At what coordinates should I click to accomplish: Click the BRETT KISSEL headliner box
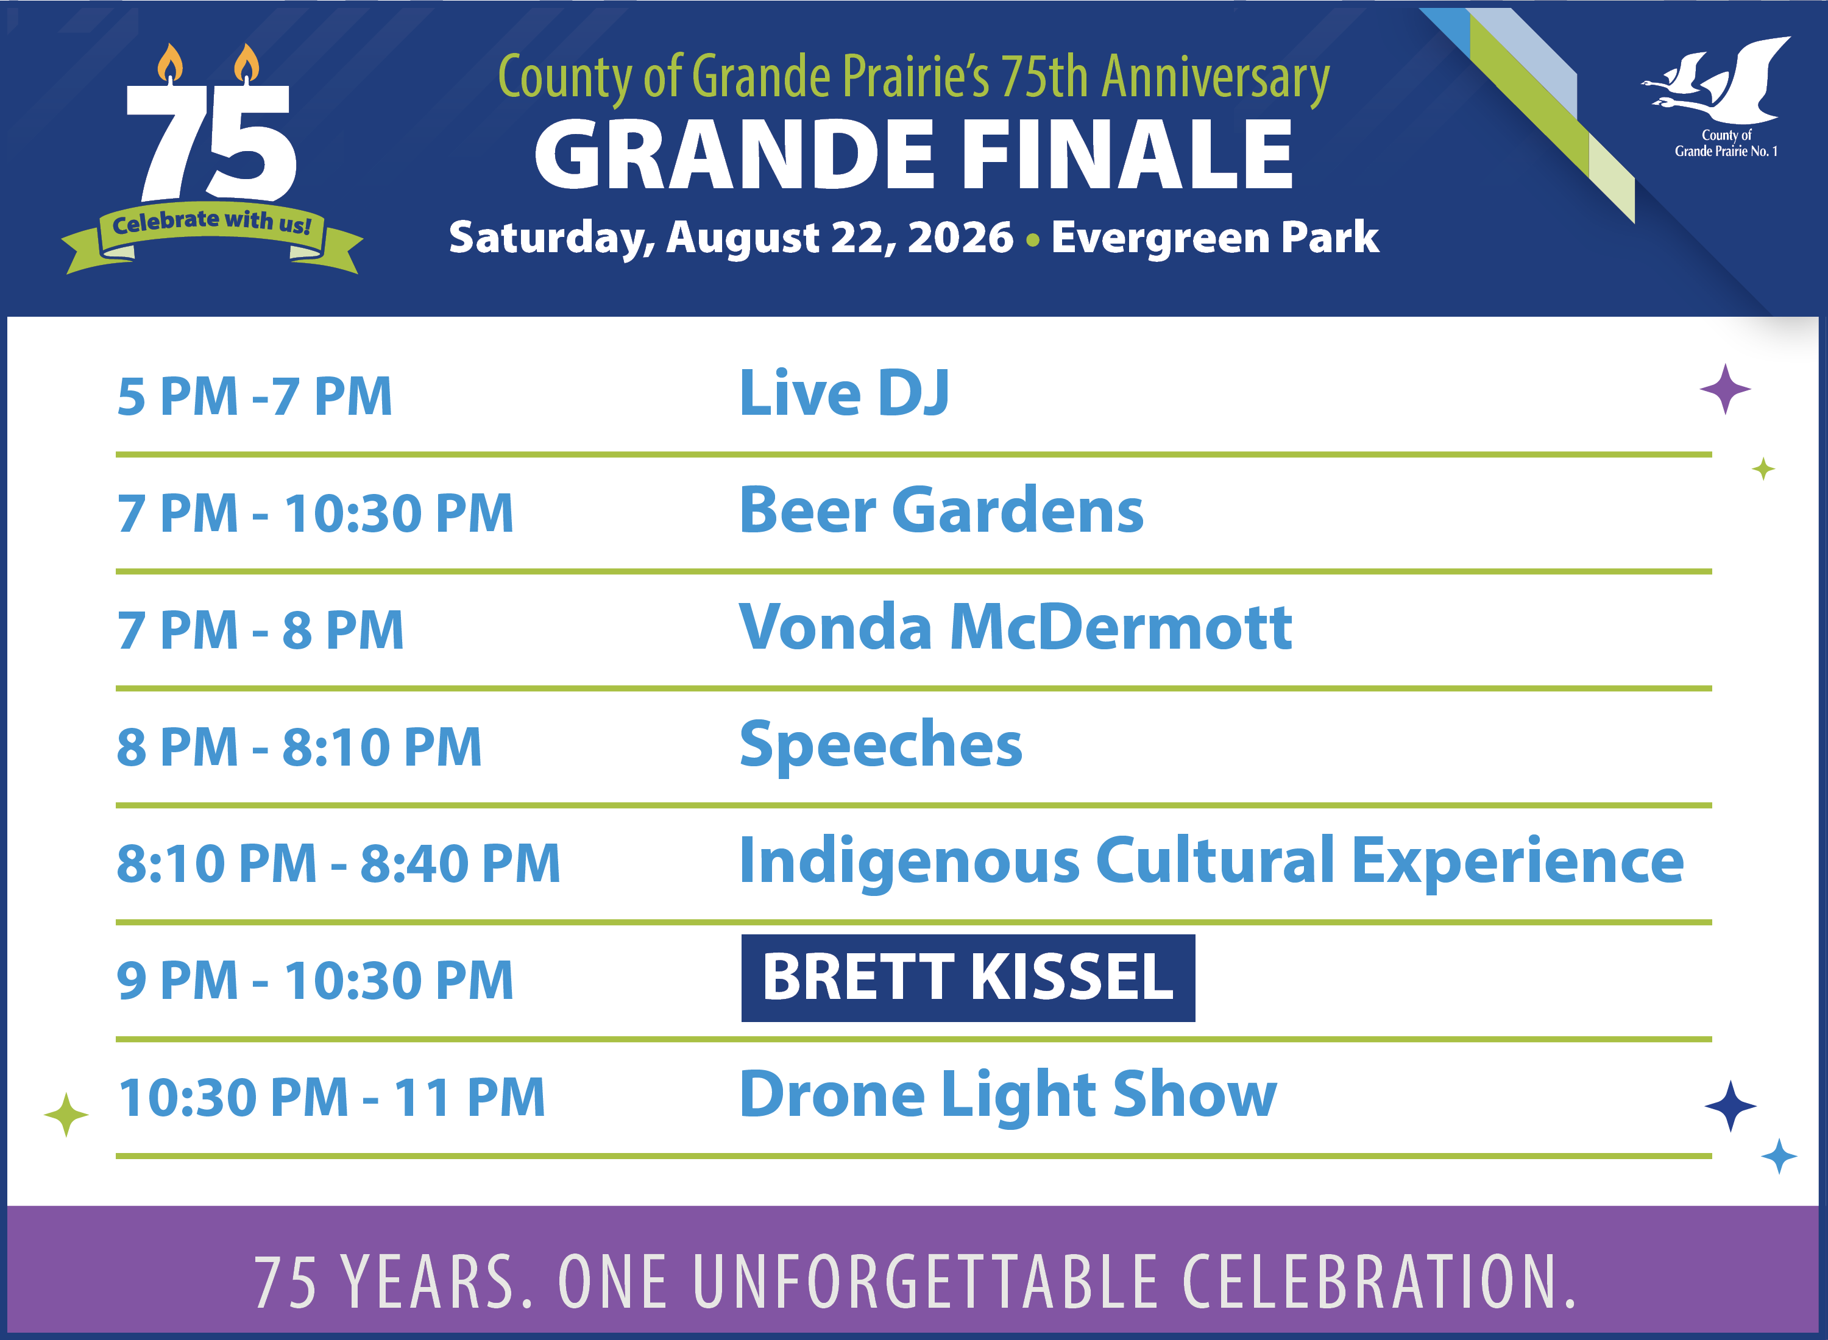[968, 978]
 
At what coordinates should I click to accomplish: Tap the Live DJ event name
[844, 393]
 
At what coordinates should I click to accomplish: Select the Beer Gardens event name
[941, 510]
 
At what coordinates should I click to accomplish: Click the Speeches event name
[881, 746]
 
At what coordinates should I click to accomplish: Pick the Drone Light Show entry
[1008, 1096]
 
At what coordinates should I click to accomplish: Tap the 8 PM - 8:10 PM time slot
[299, 747]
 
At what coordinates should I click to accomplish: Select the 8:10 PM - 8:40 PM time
[338, 863]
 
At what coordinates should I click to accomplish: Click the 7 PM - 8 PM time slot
[260, 630]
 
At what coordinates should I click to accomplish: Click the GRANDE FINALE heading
[913, 154]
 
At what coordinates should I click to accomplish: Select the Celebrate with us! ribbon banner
[213, 236]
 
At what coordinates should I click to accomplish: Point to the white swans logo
[1718, 81]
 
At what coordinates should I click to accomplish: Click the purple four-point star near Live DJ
[1725, 389]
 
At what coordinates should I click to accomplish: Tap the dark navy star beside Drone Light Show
[1731, 1105]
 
